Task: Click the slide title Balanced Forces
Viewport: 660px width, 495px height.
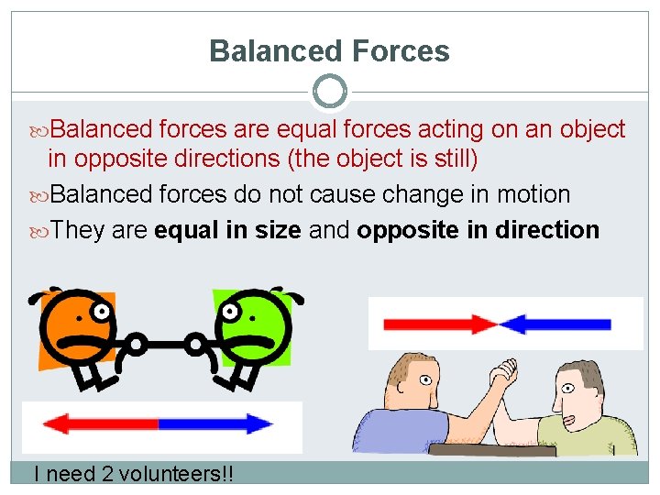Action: pyautogui.click(x=329, y=50)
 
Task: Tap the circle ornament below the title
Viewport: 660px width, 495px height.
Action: pyautogui.click(x=329, y=92)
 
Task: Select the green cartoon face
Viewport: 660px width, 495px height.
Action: pyautogui.click(x=251, y=323)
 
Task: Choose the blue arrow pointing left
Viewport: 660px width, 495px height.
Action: pyautogui.click(x=555, y=324)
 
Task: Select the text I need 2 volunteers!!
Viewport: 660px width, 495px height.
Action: pyautogui.click(x=133, y=474)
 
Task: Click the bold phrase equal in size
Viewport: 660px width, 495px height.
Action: pyautogui.click(x=227, y=230)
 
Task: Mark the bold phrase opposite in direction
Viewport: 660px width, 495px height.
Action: pyautogui.click(x=478, y=230)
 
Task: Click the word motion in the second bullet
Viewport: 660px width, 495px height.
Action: pyautogui.click(x=533, y=194)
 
